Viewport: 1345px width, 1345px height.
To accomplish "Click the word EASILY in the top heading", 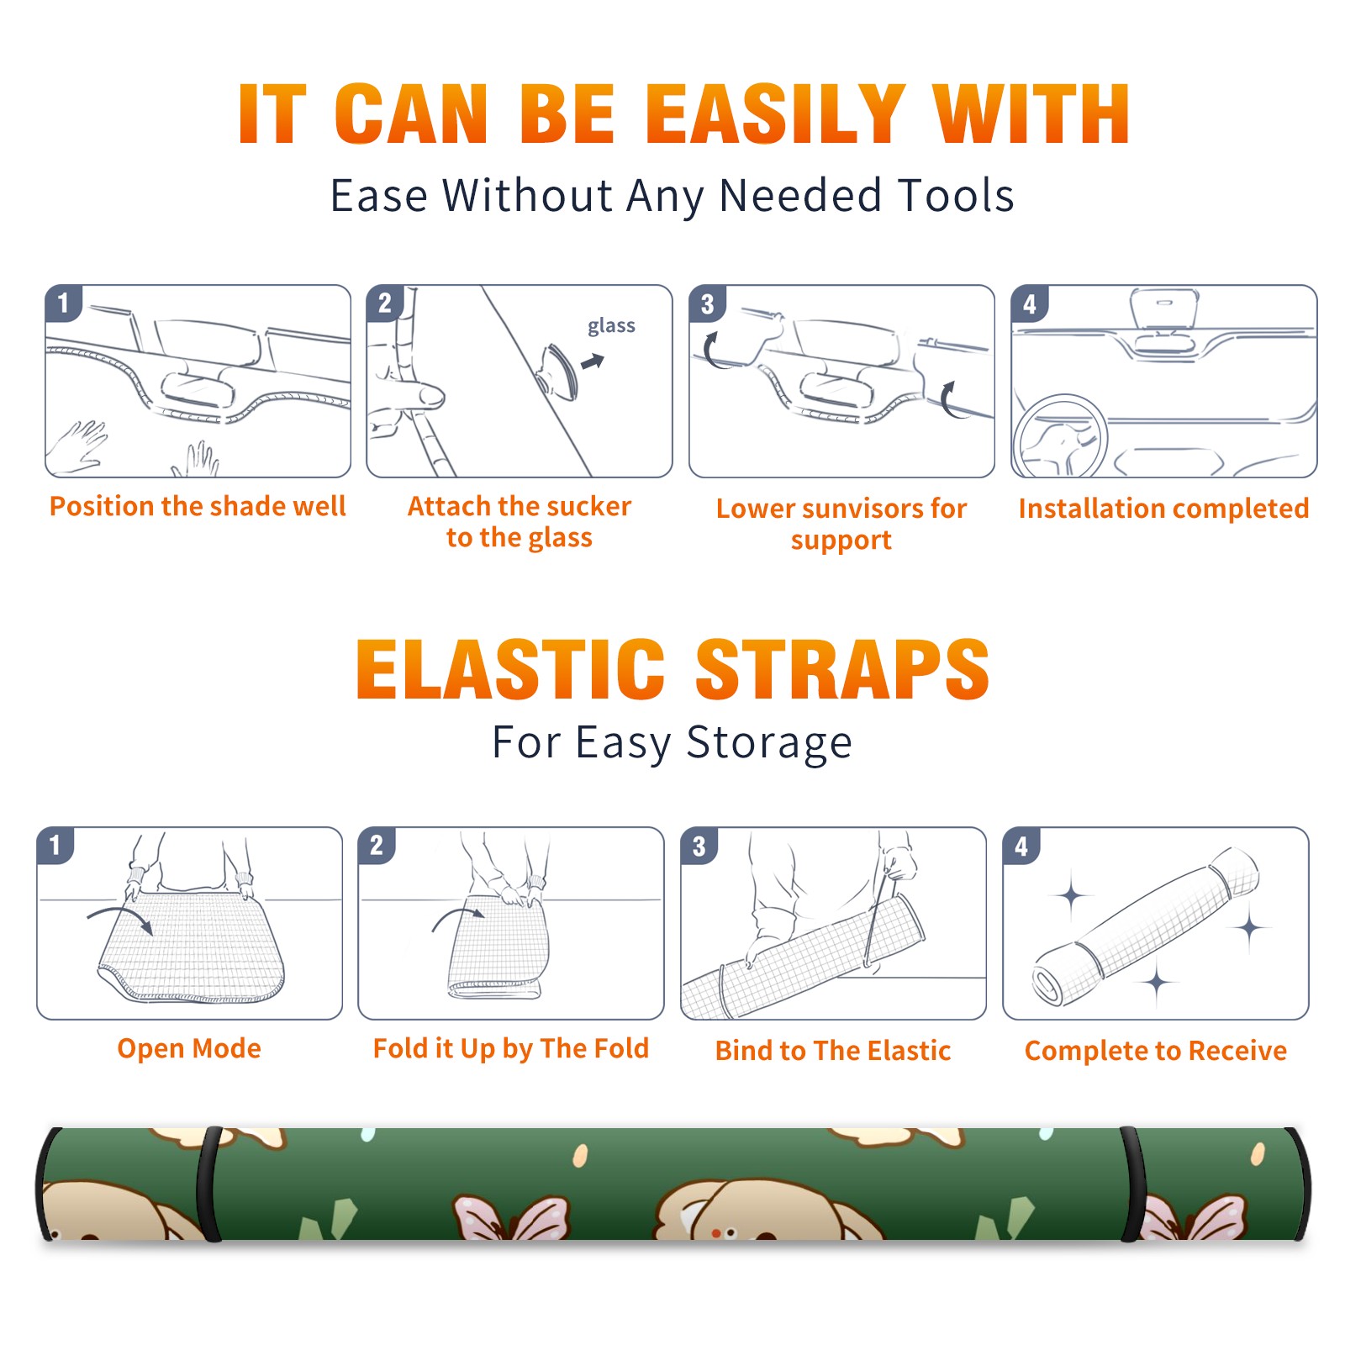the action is pos(775,114).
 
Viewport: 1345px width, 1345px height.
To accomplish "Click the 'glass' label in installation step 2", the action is pos(611,326).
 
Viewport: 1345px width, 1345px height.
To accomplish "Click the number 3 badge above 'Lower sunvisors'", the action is pos(706,303).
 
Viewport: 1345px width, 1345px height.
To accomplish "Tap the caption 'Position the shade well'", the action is pos(198,506).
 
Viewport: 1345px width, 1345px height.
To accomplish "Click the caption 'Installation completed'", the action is pos(1163,509).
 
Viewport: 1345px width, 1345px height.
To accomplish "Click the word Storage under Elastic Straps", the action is pos(769,743).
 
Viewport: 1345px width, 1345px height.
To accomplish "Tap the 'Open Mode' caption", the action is pos(189,1048).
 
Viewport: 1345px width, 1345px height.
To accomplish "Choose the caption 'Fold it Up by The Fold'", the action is pos(511,1048).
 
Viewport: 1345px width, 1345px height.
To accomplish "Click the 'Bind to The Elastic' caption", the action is pos(833,1051).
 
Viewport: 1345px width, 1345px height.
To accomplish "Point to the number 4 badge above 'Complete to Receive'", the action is pos(1021,846).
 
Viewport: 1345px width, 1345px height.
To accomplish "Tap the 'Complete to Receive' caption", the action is pos(1156,1051).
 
